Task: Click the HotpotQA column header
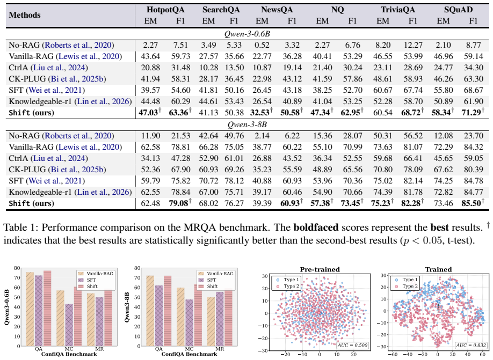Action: (165, 10)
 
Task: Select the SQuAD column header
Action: (458, 10)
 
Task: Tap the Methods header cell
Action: (25, 15)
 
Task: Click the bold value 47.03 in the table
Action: (148, 113)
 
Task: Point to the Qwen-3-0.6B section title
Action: (247, 34)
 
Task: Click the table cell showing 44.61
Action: (208, 101)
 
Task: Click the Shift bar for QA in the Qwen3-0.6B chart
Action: (47, 308)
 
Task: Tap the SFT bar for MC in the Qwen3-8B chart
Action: (189, 322)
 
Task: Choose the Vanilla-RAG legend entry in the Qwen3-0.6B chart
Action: (95, 274)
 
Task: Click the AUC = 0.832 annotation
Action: (470, 345)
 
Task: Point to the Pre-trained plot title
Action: (320, 269)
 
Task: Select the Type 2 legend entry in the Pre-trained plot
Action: (287, 286)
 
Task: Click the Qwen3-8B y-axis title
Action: (127, 307)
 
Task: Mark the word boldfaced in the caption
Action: (316, 227)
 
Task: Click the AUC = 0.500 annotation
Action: (352, 345)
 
